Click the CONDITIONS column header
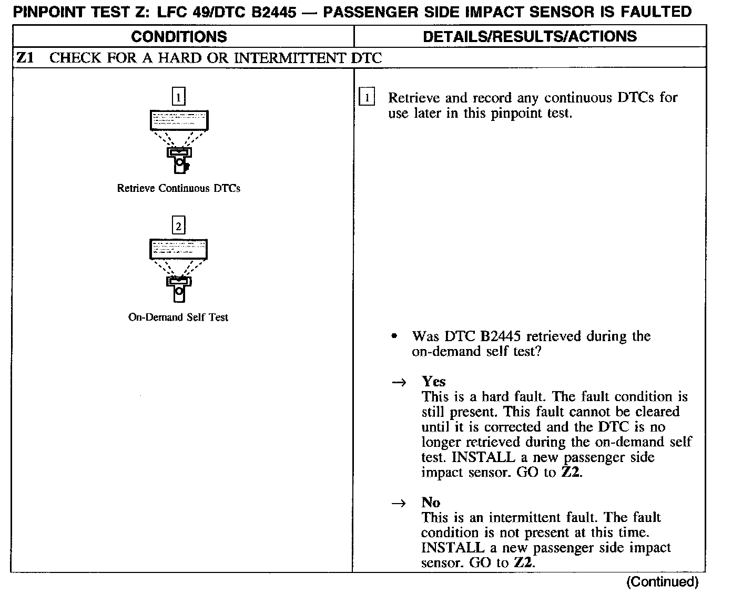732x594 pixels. pos(179,36)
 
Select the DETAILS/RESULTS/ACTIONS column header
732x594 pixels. pos(530,36)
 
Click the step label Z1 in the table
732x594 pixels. pos(25,58)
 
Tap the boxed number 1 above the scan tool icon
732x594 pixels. pos(179,97)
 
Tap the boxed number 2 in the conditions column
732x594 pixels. pos(179,227)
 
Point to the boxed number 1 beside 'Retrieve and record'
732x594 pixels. pos(367,98)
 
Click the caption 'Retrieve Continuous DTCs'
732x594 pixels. pos(179,188)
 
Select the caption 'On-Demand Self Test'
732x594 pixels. pos(178,318)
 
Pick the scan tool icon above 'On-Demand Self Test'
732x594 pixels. pos(179,270)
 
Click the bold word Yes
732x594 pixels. pos(434,382)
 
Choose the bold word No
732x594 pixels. pos(431,503)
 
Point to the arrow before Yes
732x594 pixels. pos(399,382)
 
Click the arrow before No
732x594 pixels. pos(399,503)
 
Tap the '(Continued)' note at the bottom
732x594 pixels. pos(662,581)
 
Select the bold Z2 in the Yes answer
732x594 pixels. pos(571,472)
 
